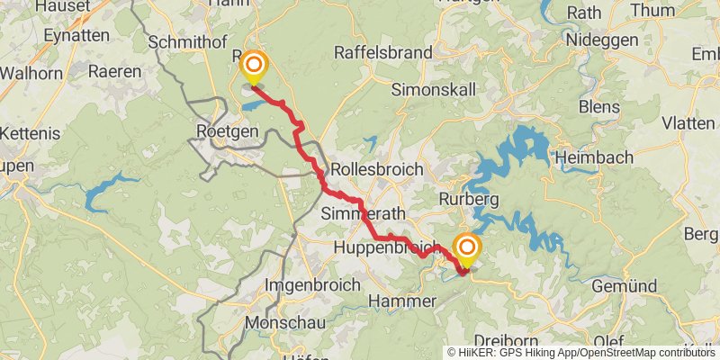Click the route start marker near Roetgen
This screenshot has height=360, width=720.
[x=255, y=66]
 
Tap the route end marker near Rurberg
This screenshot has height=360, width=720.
[x=467, y=247]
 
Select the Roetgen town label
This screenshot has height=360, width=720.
[x=227, y=131]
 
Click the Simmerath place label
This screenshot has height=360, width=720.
[x=364, y=213]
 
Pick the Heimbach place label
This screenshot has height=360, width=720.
[x=589, y=156]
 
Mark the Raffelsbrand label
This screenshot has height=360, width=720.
[x=382, y=52]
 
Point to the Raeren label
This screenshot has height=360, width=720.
[x=115, y=71]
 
